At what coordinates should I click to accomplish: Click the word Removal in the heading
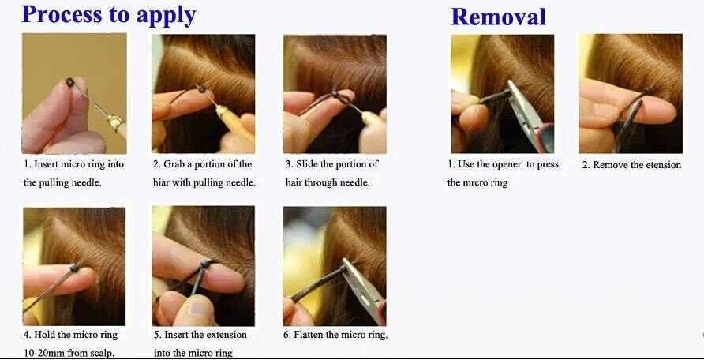click(498, 17)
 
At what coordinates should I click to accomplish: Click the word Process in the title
click(61, 15)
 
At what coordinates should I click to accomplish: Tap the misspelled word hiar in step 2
click(160, 182)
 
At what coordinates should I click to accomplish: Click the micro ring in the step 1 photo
click(69, 82)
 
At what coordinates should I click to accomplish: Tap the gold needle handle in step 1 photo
click(116, 122)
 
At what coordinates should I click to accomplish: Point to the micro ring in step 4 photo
click(74, 268)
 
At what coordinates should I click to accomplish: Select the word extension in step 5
click(227, 335)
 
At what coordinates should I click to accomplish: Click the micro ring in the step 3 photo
click(335, 94)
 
